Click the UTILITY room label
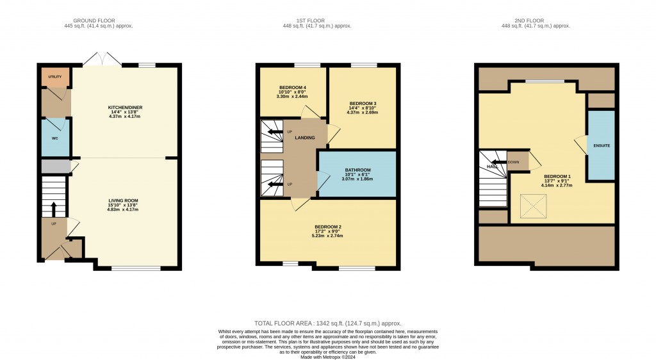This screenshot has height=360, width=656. pos(54,77)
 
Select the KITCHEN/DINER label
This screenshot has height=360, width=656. pos(124,108)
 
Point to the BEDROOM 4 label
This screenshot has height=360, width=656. pos(292,87)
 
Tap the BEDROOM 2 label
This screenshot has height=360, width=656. pos(328,227)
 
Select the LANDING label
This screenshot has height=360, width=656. pos(305,138)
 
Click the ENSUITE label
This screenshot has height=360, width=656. pos(602,145)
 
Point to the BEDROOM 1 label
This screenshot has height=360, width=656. pos(557,176)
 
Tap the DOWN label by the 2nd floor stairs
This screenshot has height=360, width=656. pos(513,162)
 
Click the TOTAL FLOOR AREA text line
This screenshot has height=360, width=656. pos(327,323)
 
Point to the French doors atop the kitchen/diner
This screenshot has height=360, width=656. pos(102,60)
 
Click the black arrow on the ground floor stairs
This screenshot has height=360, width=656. pos(54,209)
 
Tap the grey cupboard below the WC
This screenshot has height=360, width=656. pos(55,167)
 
